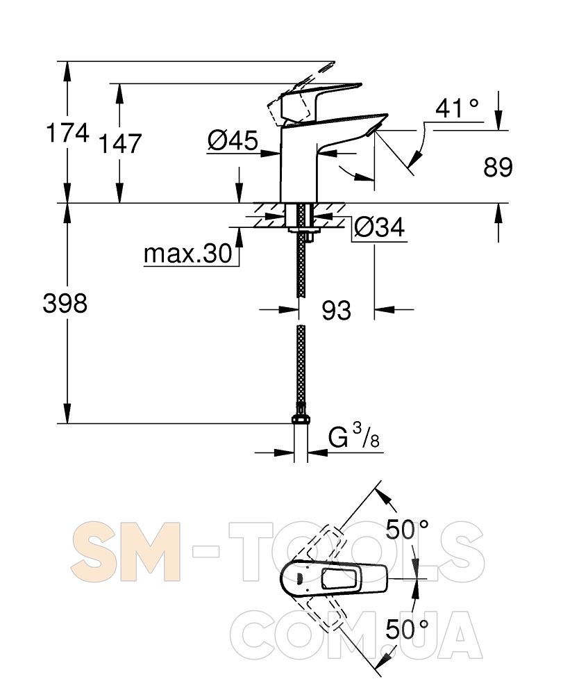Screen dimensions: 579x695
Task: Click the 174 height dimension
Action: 68,133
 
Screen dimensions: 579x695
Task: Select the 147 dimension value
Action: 120,143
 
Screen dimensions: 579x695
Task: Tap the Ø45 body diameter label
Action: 233,141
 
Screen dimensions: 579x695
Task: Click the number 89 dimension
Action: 498,167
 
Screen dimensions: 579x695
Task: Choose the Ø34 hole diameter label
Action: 379,228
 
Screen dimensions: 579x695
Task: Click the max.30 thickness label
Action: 188,254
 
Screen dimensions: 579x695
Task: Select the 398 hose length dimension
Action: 65,304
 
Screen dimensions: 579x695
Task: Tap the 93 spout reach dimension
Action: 337,310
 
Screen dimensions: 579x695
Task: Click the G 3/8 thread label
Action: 353,436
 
